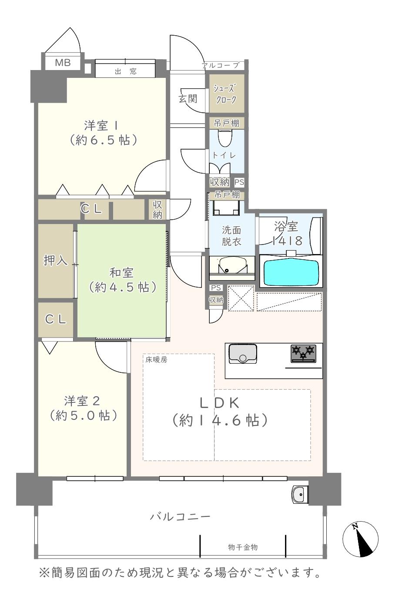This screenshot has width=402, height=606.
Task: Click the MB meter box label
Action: click(63, 63)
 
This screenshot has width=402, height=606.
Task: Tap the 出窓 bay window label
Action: click(125, 71)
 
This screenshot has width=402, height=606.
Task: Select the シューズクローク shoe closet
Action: click(224, 94)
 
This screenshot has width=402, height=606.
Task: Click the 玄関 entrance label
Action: click(188, 98)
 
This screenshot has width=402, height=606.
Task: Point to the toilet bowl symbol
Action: click(224, 139)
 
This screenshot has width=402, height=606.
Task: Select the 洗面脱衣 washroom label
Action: click(231, 235)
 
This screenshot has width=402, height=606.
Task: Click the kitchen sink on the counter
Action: click(243, 353)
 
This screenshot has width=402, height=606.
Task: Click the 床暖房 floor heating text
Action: click(156, 360)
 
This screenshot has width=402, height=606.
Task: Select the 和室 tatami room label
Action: click(121, 280)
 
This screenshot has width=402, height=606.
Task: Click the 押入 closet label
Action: click(56, 260)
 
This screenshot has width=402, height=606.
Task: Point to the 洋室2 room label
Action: click(84, 408)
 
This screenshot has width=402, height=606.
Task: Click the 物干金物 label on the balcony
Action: click(243, 547)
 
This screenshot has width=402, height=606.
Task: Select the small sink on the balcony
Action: click(300, 494)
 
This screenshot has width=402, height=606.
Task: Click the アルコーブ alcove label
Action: click(220, 66)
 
